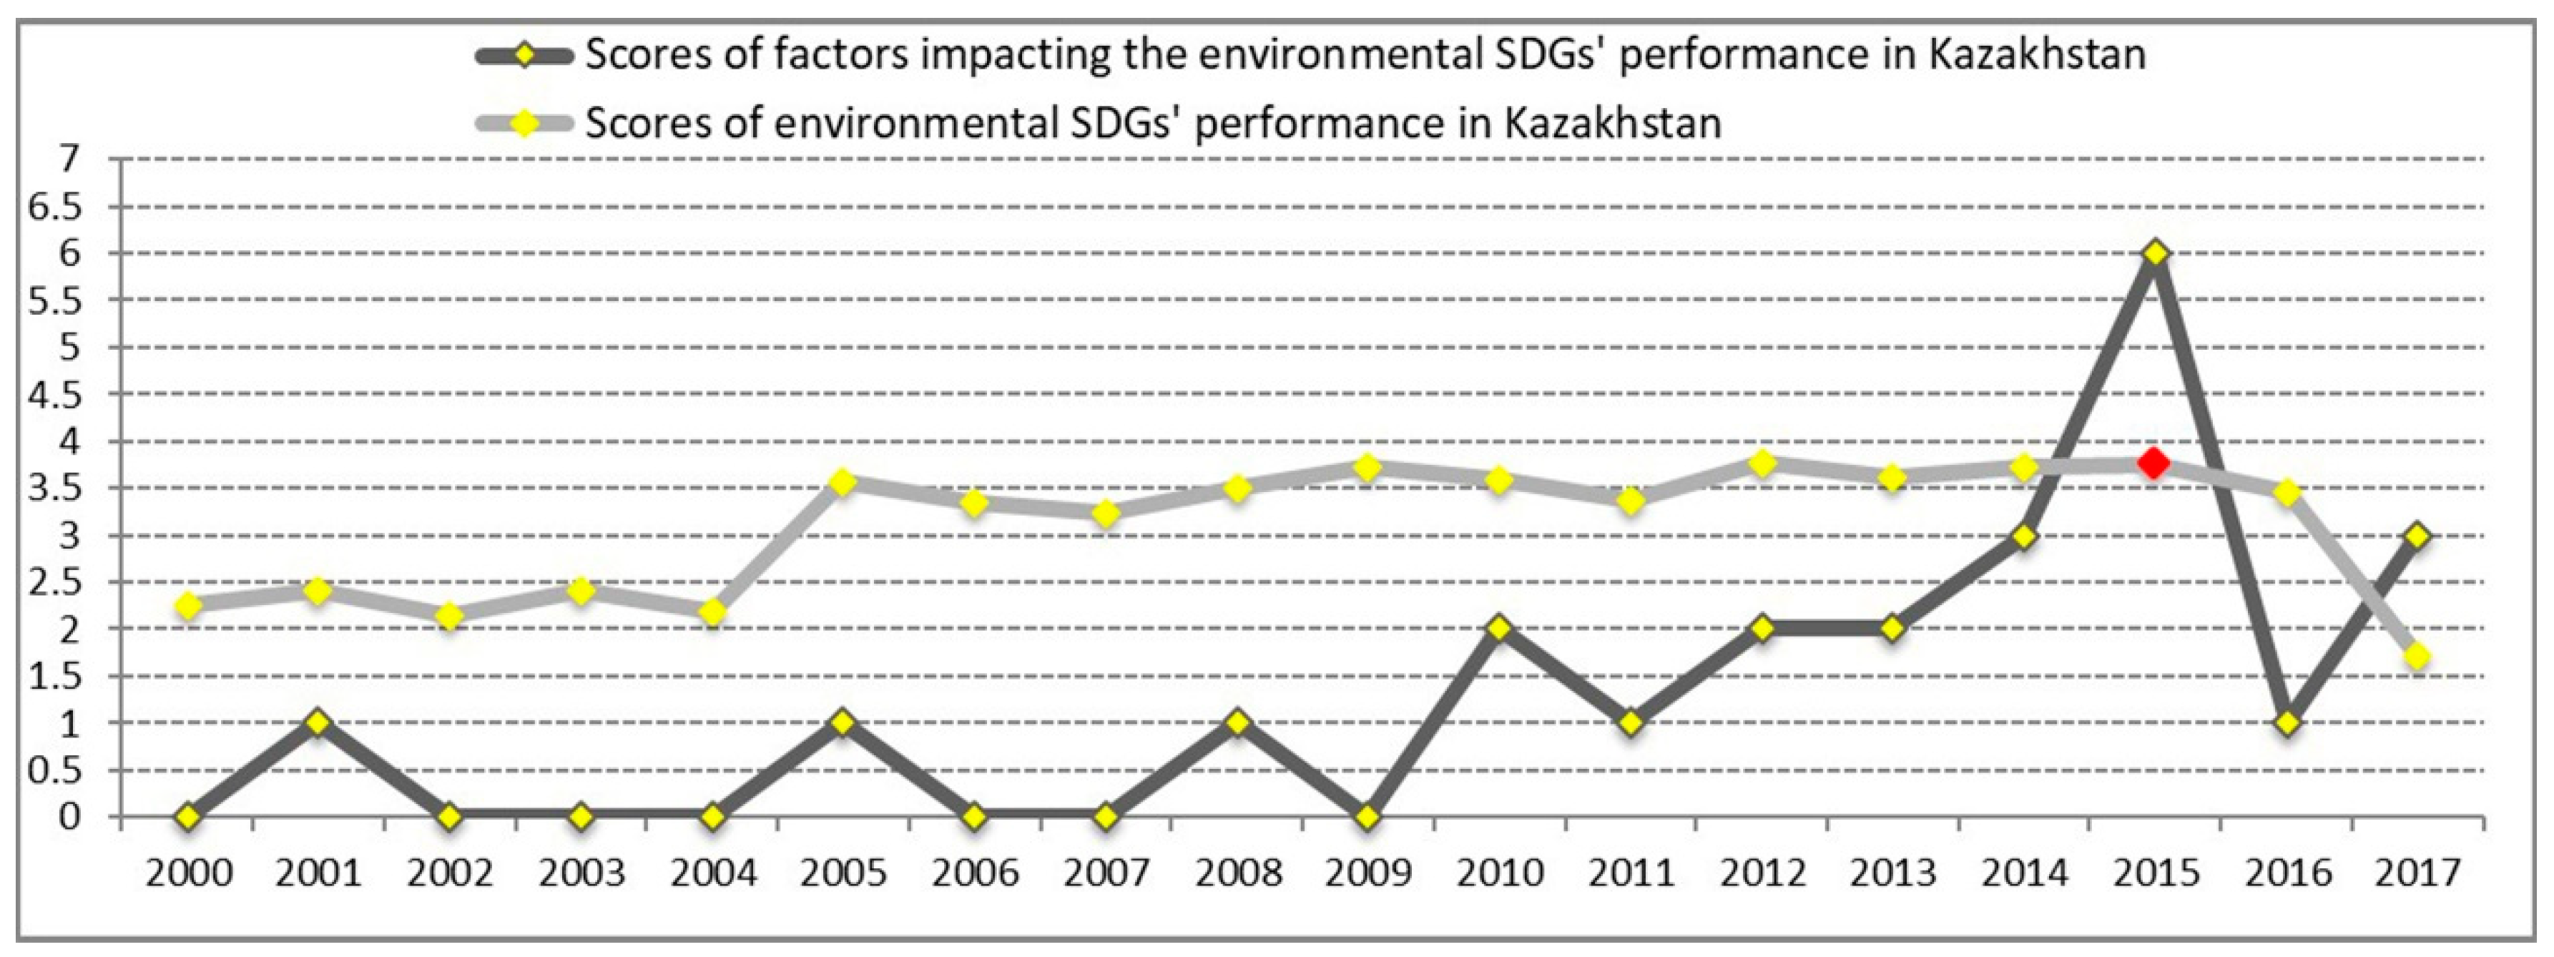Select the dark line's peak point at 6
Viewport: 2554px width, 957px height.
tap(2153, 253)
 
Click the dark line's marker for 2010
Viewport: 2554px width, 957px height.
tap(1498, 628)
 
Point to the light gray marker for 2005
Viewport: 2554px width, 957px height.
tap(843, 482)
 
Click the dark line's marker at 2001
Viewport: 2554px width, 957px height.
tap(318, 722)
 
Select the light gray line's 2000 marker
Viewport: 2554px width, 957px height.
tap(187, 605)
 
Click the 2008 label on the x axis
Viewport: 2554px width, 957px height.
tap(1237, 873)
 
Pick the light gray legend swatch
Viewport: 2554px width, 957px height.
tap(524, 124)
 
